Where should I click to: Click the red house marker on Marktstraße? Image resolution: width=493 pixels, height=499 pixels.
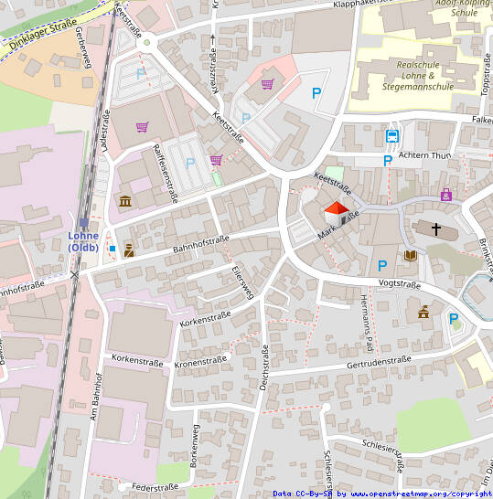tap(337, 215)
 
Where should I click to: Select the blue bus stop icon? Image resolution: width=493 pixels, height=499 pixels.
tap(391, 137)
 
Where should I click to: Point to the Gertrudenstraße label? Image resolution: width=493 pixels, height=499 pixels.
tap(379, 362)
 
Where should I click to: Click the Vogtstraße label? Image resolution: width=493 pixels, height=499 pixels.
tap(399, 283)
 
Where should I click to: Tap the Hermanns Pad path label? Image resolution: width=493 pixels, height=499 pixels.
tap(367, 324)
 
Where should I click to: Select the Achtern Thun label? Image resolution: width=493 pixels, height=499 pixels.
tap(426, 156)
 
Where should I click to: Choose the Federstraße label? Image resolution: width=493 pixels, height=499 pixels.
tap(154, 487)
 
